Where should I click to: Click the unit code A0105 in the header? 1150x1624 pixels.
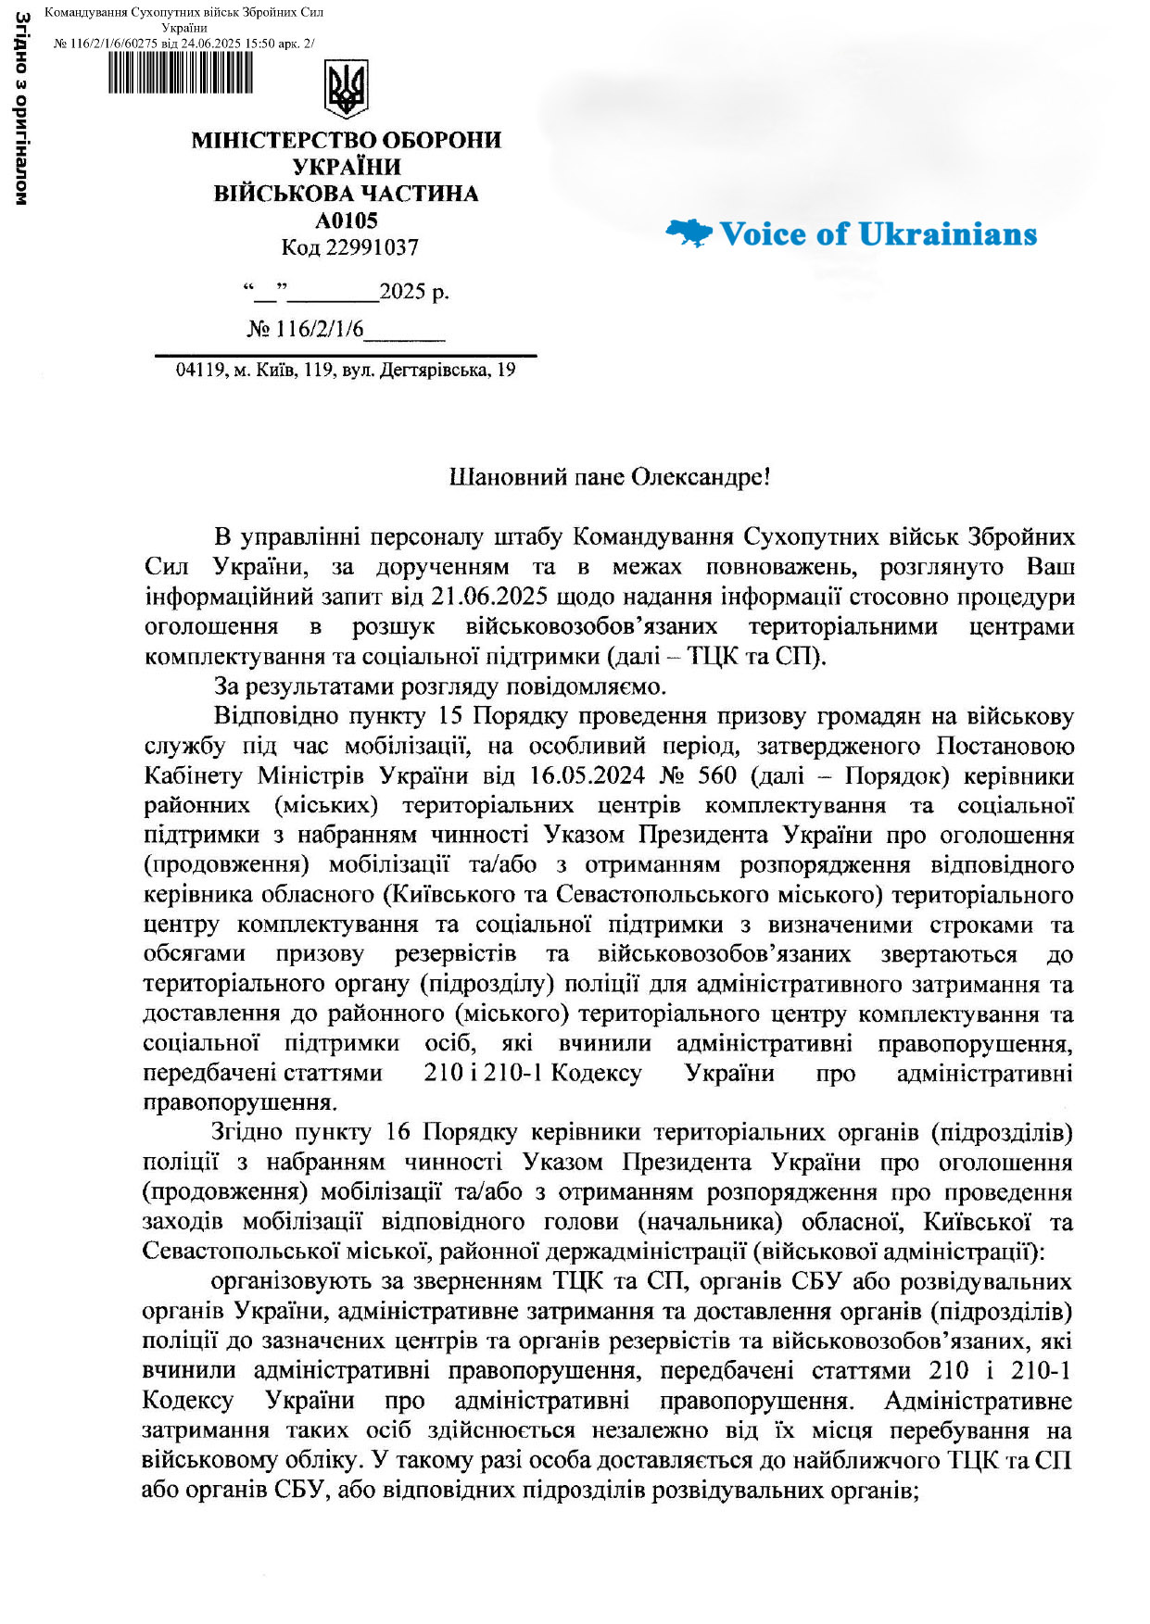(x=347, y=220)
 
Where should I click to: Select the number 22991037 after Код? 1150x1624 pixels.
(x=372, y=247)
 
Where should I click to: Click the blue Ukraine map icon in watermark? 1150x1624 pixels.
(x=689, y=233)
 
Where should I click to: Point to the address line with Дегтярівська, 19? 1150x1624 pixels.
(x=346, y=371)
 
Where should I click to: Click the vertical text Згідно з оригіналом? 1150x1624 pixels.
(x=21, y=107)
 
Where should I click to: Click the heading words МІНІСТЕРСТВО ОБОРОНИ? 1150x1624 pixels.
(x=346, y=141)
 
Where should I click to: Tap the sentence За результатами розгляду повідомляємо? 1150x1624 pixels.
(x=440, y=686)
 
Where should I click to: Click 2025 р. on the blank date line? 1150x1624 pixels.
(x=413, y=292)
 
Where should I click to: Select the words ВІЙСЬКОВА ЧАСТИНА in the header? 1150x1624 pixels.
(x=346, y=194)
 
